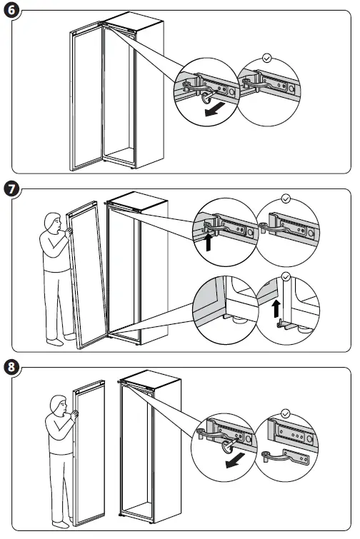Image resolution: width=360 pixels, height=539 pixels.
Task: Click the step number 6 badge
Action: [11, 10]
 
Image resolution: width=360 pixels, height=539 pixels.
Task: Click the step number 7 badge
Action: [11, 189]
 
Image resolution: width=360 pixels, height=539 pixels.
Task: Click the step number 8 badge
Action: [11, 367]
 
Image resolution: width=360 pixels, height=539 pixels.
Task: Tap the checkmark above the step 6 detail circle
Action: [267, 58]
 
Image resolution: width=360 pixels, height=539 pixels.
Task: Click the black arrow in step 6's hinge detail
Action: [214, 109]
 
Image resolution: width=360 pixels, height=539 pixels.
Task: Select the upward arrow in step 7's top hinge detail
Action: [208, 242]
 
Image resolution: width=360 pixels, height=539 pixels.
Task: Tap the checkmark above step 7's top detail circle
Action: [286, 198]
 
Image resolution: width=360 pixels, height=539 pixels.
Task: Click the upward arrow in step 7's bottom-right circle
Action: [276, 309]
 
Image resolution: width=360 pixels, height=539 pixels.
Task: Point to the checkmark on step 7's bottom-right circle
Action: [286, 277]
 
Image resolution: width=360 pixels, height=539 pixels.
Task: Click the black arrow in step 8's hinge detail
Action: [235, 460]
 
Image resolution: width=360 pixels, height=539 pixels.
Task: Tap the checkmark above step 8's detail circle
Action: [286, 413]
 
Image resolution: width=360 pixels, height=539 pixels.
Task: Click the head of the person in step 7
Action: [53, 222]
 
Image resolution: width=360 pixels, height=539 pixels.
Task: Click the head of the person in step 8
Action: [59, 405]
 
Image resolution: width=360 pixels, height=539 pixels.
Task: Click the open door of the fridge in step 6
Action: [86, 96]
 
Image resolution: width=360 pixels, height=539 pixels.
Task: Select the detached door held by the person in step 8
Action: [89, 453]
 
